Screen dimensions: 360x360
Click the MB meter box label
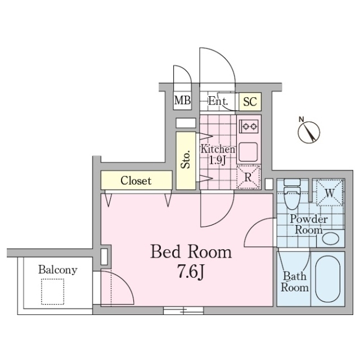coord(182,100)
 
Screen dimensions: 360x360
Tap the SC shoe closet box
coord(250,101)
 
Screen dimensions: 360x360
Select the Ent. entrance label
coord(218,101)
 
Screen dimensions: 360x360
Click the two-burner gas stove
coord(249,126)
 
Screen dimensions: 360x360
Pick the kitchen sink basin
coord(248,152)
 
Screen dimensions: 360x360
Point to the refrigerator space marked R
coord(249,177)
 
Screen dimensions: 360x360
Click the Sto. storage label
coord(186,159)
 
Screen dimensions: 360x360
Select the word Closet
coord(136,181)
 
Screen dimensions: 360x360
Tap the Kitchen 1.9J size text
coord(218,155)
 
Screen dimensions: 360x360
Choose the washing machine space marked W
coord(330,193)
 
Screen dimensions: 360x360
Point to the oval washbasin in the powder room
coord(331,238)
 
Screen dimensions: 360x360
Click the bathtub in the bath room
coord(328,279)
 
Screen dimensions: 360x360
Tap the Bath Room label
coord(295,282)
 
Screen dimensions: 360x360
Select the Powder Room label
coord(309,224)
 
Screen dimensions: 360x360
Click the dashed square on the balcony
coord(52,291)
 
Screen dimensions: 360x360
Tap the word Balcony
coord(58,270)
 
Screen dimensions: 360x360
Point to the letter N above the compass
coord(301,119)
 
